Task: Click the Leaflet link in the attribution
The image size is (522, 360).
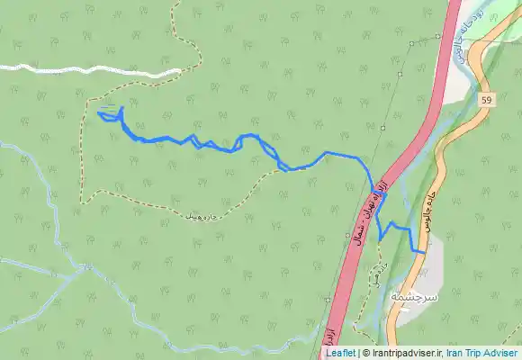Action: [x=340, y=354]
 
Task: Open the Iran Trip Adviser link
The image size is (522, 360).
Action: [x=481, y=354]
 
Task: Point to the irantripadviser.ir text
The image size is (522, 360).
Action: [x=409, y=354]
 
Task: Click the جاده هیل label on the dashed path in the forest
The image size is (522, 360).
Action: [x=199, y=216]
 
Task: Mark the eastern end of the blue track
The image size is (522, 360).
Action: [x=423, y=253]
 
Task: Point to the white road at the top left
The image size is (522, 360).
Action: [x=90, y=69]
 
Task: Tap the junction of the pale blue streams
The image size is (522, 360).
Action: [x=85, y=266]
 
